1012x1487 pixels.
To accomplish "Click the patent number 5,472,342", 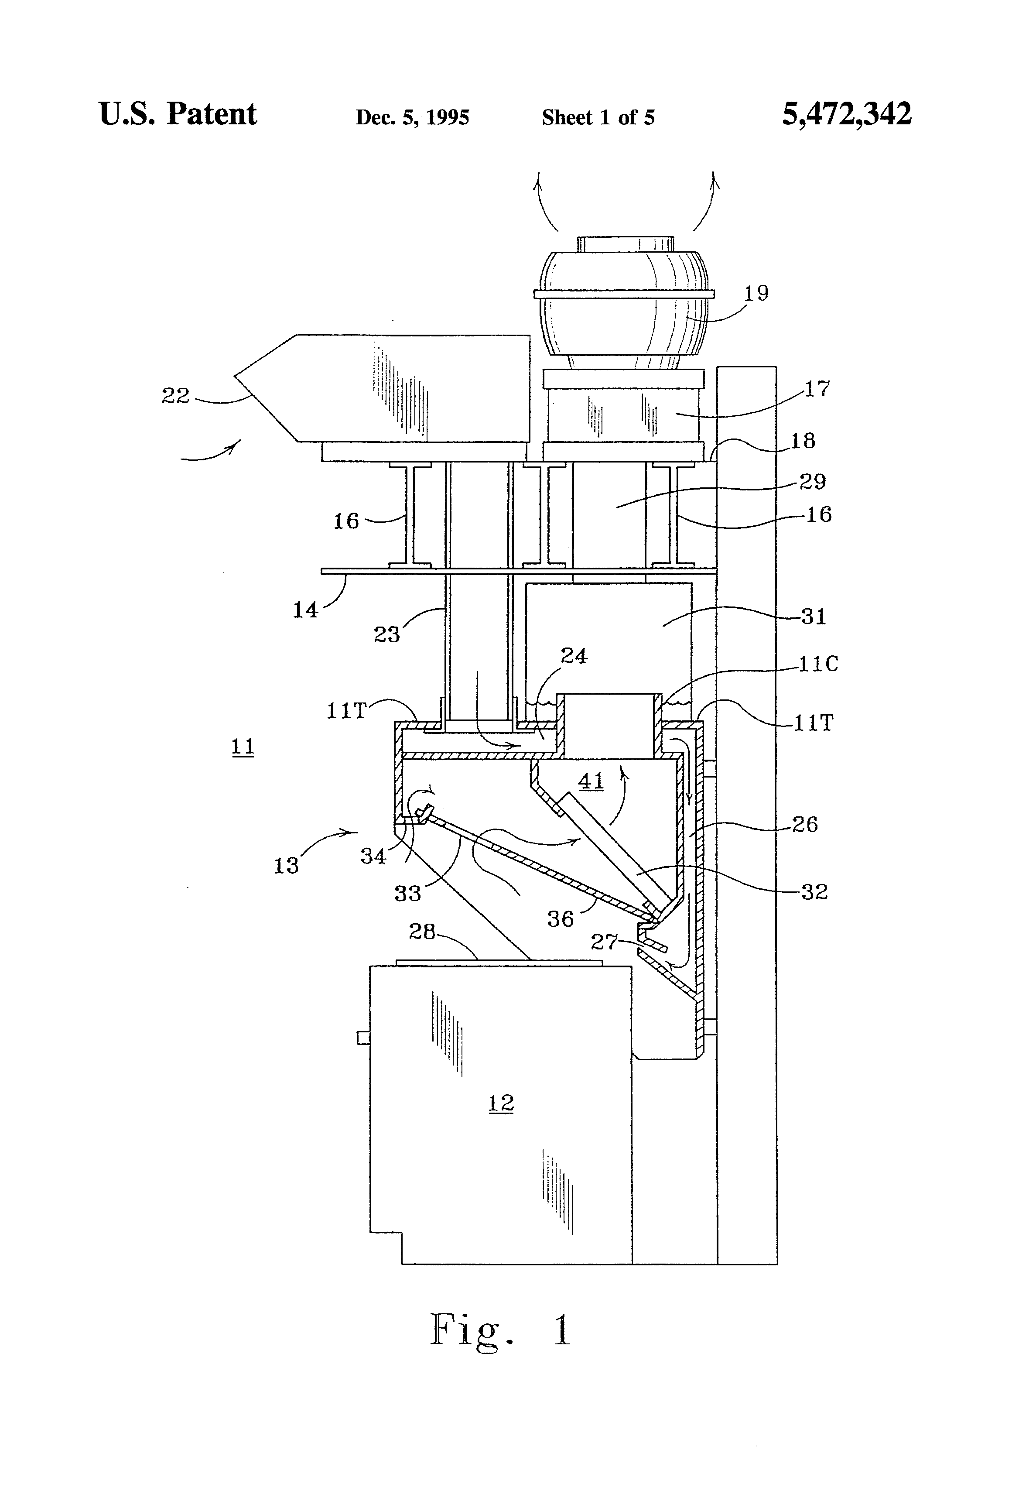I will [846, 114].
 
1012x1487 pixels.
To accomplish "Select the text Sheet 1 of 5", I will [598, 117].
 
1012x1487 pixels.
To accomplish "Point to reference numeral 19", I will [756, 293].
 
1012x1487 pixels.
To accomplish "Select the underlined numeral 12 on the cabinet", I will [501, 1103].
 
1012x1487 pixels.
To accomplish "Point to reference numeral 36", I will [561, 919].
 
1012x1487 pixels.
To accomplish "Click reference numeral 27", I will [604, 941].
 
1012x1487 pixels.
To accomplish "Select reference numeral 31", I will [813, 617].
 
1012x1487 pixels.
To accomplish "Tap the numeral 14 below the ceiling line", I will [305, 610].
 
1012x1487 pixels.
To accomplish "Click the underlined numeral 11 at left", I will [243, 746].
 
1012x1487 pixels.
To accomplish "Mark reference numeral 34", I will [373, 856].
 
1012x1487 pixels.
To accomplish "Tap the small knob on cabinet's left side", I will [363, 1037].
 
